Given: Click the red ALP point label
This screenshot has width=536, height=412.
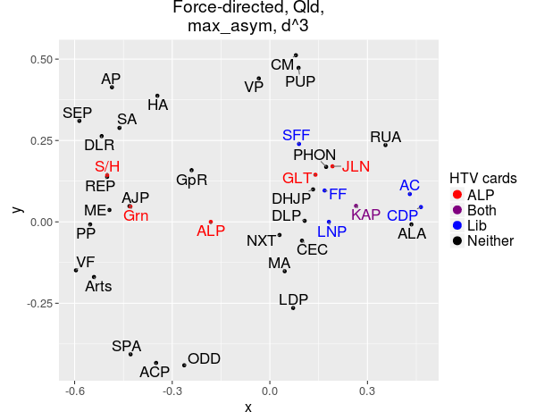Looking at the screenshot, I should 211,231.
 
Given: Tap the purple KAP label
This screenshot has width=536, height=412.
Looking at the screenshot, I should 365,214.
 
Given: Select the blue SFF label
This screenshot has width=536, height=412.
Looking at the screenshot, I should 297,135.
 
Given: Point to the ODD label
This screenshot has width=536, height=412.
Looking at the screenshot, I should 204,358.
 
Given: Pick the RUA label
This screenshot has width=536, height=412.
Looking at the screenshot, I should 386,137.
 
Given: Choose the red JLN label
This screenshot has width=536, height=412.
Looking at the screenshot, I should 356,166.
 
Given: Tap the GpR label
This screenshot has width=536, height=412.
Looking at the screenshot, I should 192,180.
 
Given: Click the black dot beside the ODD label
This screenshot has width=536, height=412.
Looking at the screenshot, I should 184,365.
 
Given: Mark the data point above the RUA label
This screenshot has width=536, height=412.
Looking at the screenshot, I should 385,145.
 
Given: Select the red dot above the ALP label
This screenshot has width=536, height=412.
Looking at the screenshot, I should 210,222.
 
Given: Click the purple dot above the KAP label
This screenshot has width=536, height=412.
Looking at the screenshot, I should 356,206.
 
